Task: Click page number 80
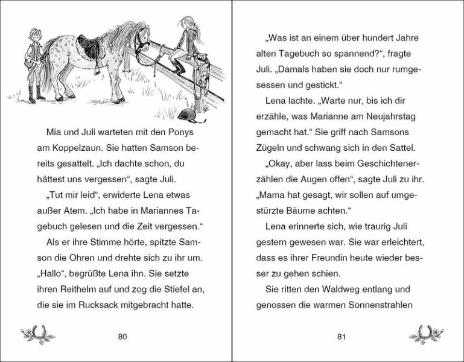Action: click(x=122, y=336)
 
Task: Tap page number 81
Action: click(x=342, y=336)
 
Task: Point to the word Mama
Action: click(x=270, y=195)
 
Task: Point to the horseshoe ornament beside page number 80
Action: click(x=38, y=332)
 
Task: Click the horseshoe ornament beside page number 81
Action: click(x=426, y=332)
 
